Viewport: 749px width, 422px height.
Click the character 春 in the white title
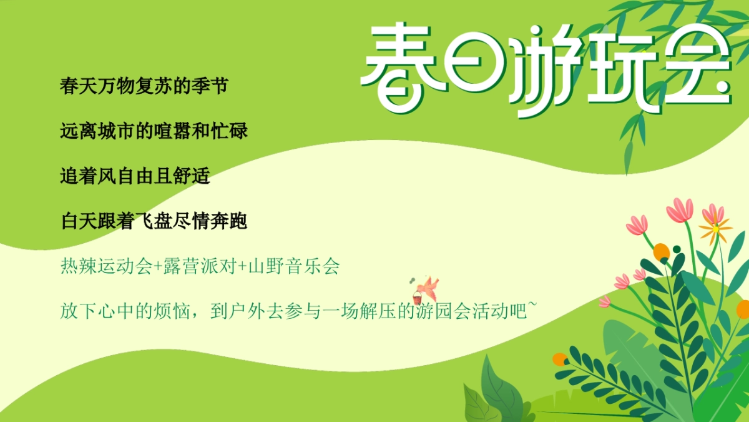pyautogui.click(x=398, y=67)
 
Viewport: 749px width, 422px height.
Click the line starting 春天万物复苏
pyautogui.click(x=144, y=86)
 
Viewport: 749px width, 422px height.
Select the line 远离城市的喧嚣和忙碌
pyautogui.click(x=154, y=131)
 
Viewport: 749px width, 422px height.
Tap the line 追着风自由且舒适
pyautogui.click(x=135, y=176)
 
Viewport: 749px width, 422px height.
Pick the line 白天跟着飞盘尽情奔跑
pyautogui.click(x=154, y=221)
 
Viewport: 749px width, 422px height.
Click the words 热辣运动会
pyautogui.click(x=107, y=266)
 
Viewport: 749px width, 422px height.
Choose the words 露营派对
pyautogui.click(x=200, y=266)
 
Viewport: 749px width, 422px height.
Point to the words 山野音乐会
pyautogui.click(x=294, y=266)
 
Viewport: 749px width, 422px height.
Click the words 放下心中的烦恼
pyautogui.click(x=125, y=311)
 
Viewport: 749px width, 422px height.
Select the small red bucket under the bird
pyautogui.click(x=417, y=298)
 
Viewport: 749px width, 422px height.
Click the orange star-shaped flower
pyautogui.click(x=715, y=229)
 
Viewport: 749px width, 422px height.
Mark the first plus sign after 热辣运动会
pyautogui.click(x=158, y=267)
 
